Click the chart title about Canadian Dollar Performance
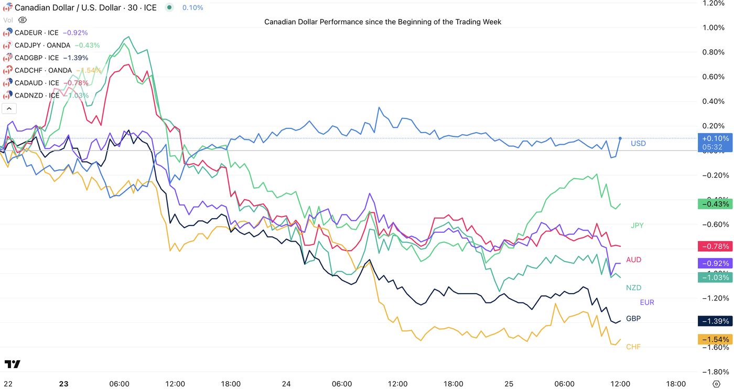tap(383, 22)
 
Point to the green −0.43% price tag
tap(714, 204)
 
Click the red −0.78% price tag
tap(714, 246)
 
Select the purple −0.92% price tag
tap(714, 263)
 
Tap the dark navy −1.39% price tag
tap(714, 321)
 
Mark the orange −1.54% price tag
tap(714, 339)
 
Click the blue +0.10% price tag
tap(714, 138)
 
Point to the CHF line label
tap(633, 347)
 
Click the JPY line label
tap(637, 225)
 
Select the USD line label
tap(638, 144)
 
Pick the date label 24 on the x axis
tap(286, 384)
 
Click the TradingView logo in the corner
tap(12, 364)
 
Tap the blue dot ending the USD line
tap(620, 138)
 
